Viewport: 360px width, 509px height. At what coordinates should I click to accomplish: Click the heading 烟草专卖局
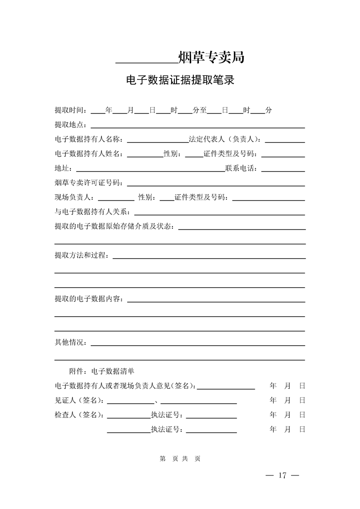tap(212, 58)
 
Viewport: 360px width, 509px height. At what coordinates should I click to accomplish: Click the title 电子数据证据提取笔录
tap(180, 81)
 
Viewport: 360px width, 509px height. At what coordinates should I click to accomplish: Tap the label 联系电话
tap(242, 169)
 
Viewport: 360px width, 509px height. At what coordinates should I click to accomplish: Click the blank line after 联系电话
tap(283, 171)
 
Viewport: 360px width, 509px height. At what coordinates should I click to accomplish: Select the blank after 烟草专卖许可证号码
tap(215, 185)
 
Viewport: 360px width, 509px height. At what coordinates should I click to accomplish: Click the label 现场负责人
tap(74, 198)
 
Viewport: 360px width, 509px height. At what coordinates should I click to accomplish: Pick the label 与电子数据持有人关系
tap(92, 212)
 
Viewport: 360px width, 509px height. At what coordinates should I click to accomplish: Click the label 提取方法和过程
tap(81, 256)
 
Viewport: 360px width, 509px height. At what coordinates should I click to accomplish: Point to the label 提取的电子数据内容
tap(89, 299)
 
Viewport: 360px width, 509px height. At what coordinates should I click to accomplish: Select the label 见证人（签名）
tap(79, 401)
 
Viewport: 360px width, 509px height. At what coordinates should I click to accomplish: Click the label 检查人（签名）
tap(79, 415)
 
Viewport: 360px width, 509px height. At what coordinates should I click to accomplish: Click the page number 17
tap(282, 475)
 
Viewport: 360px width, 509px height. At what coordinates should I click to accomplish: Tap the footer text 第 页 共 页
tap(180, 459)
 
